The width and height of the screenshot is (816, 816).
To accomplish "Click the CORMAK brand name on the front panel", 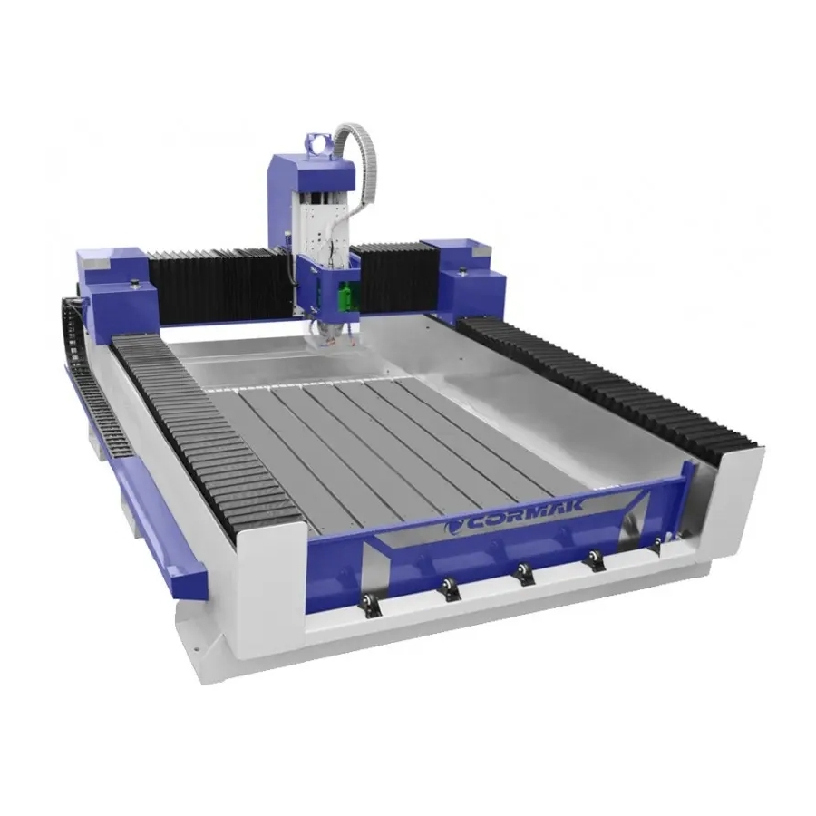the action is (x=525, y=515).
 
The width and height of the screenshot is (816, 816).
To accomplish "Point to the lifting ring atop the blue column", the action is (x=317, y=145).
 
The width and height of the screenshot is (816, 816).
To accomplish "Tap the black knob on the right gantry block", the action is (x=461, y=270).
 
